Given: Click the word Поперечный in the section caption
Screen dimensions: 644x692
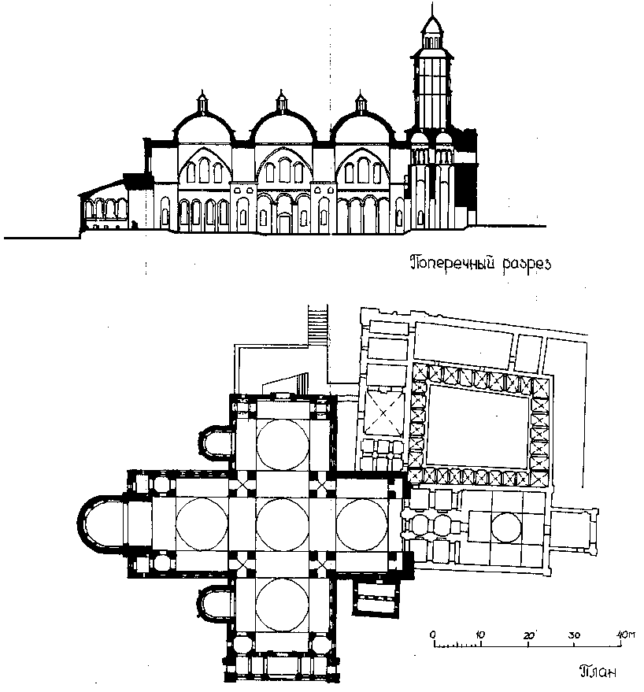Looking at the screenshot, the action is click(x=450, y=263).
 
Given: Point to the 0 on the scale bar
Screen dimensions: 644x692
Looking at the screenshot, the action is click(x=432, y=634).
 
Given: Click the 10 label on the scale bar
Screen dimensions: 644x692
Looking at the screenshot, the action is click(x=480, y=634).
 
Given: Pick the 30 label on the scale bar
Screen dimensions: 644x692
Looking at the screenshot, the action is click(x=575, y=634).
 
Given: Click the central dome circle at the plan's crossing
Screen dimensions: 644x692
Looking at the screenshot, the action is click(x=283, y=524).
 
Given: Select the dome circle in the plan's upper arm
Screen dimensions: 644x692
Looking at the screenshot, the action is click(x=283, y=444).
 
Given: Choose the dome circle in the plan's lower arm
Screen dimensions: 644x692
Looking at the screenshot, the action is click(x=283, y=605).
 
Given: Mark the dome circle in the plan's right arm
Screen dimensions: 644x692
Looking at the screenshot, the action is click(x=363, y=524).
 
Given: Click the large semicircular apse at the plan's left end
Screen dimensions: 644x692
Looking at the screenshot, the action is click(x=98, y=524).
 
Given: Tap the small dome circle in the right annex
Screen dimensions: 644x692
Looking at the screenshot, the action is click(x=505, y=528).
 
